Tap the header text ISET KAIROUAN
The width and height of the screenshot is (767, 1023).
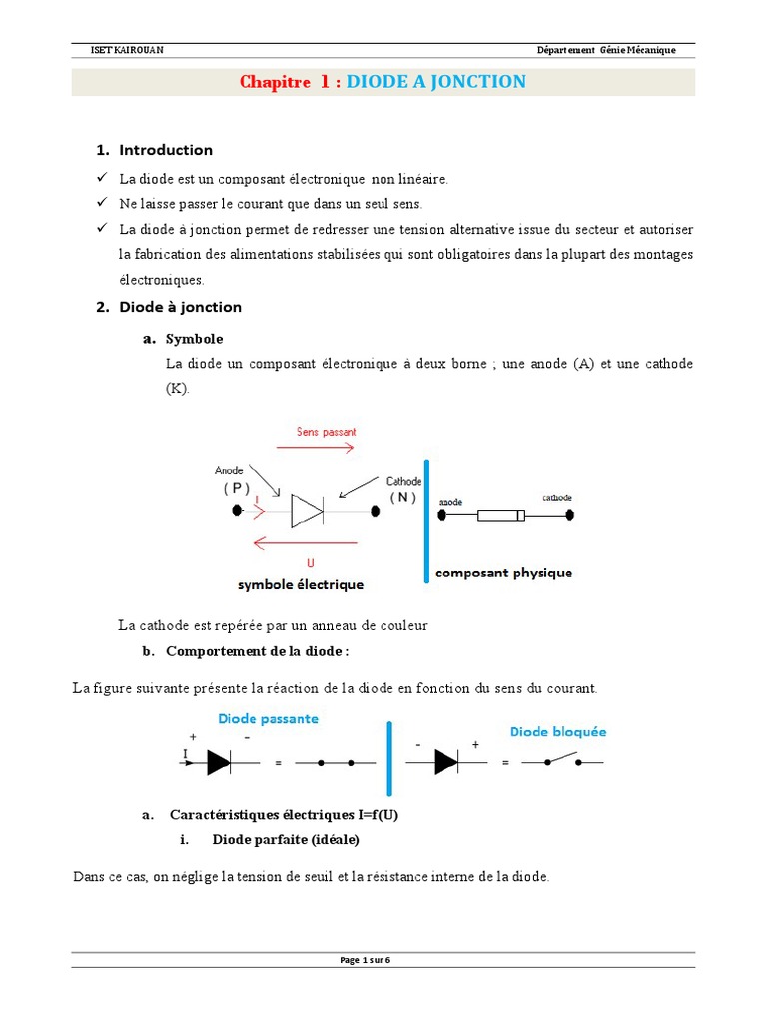coord(108,51)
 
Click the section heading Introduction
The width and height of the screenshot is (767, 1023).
coord(166,150)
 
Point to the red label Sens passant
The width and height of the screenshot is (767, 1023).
coord(326,432)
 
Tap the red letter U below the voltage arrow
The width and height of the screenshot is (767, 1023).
coord(310,563)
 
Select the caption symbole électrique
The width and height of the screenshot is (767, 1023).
coord(300,585)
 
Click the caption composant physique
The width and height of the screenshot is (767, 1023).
coord(503,573)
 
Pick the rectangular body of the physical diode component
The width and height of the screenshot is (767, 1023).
coord(500,516)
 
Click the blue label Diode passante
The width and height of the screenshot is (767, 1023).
coord(269,718)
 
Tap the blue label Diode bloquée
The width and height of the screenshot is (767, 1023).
coord(558,731)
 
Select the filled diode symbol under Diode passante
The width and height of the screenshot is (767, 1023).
coord(219,762)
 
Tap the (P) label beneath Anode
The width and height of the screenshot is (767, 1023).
coord(237,489)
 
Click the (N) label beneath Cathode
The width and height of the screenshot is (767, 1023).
coord(403,498)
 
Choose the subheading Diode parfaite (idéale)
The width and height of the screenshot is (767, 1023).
coord(285,839)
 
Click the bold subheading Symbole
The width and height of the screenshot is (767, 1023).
coord(194,339)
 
